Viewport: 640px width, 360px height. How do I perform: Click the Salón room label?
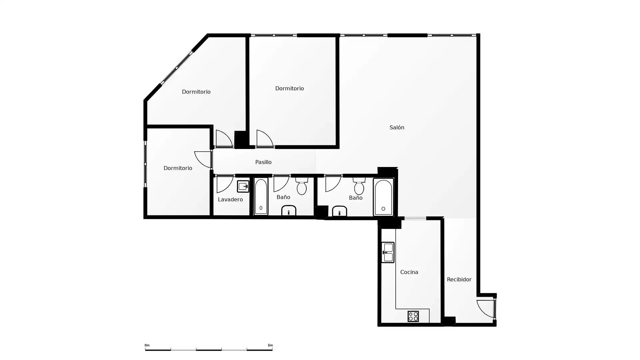397,127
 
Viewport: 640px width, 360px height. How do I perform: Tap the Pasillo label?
263,162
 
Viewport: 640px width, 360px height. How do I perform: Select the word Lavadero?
230,199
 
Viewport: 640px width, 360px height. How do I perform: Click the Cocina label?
409,272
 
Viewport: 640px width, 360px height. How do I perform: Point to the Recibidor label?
459,279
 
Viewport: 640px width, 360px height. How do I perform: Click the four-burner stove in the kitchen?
413,316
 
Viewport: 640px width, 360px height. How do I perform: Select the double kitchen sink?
388,252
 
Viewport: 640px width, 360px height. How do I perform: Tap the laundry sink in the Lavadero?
243,186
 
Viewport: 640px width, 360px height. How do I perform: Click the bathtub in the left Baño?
261,196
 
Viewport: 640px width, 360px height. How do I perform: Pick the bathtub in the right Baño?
383,197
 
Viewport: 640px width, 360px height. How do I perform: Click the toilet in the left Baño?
302,186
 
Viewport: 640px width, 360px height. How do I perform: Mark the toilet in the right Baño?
359,186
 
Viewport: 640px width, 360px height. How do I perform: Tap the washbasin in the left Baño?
289,210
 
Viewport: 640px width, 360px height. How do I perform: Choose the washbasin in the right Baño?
339,211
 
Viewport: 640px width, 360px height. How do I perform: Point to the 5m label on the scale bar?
270,345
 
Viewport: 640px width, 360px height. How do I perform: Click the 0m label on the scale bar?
147,345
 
